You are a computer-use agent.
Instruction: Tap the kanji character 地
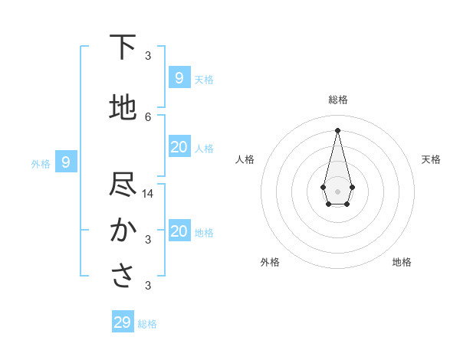pyautogui.click(x=123, y=108)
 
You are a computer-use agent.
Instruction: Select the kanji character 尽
pyautogui.click(x=123, y=185)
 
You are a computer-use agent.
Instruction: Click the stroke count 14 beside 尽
pyautogui.click(x=148, y=193)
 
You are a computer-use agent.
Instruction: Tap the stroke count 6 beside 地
pyautogui.click(x=148, y=116)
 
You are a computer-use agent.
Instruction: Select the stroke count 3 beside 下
pyautogui.click(x=148, y=55)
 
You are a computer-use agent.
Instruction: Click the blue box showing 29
pyautogui.click(x=123, y=322)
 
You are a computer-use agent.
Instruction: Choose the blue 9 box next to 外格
pyautogui.click(x=66, y=162)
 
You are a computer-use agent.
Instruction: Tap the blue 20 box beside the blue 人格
pyautogui.click(x=179, y=147)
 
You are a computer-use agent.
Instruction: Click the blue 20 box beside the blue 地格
pyautogui.click(x=179, y=231)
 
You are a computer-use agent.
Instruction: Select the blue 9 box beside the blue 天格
pyautogui.click(x=179, y=77)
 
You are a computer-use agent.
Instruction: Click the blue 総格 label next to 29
pyautogui.click(x=147, y=324)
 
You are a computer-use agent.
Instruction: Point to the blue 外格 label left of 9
pyautogui.click(x=41, y=163)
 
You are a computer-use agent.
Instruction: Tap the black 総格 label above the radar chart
pyautogui.click(x=337, y=100)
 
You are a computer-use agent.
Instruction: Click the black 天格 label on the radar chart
pyautogui.click(x=432, y=159)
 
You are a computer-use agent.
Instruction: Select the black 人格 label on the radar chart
pyautogui.click(x=245, y=159)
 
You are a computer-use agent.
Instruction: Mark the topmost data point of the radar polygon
pyautogui.click(x=337, y=129)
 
